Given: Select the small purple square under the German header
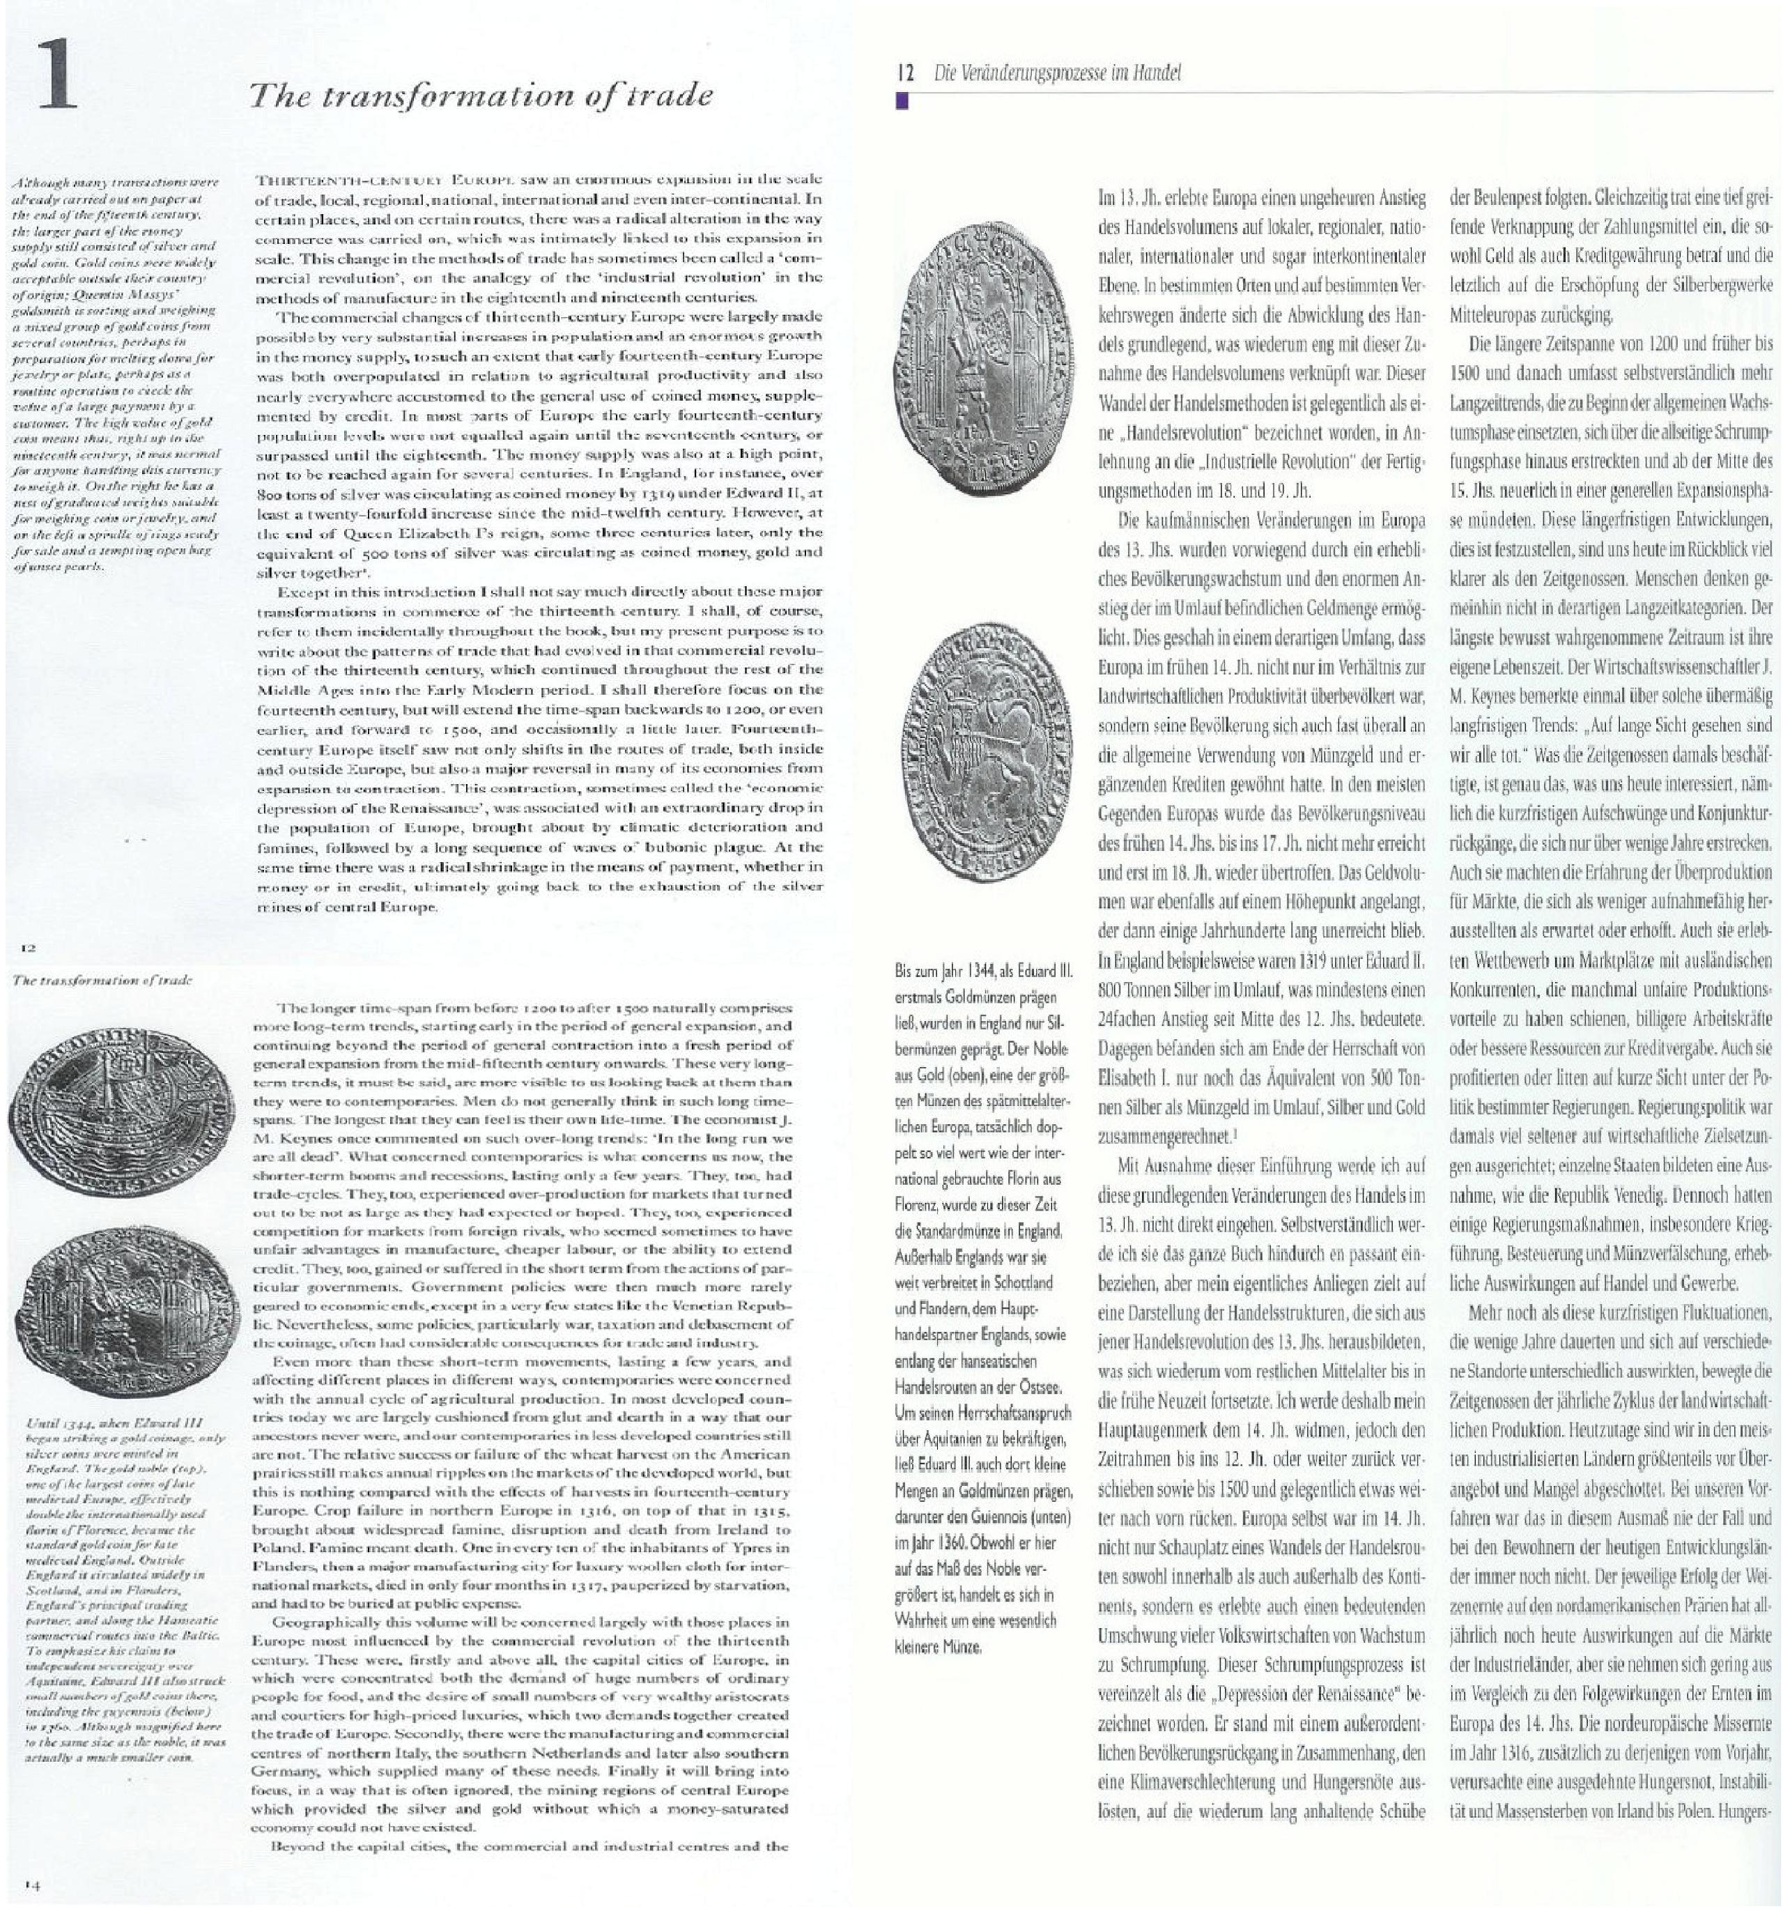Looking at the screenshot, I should click(902, 100).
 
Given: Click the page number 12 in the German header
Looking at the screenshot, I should click(904, 72).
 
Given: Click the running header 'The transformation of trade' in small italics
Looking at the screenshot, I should click(104, 979).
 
